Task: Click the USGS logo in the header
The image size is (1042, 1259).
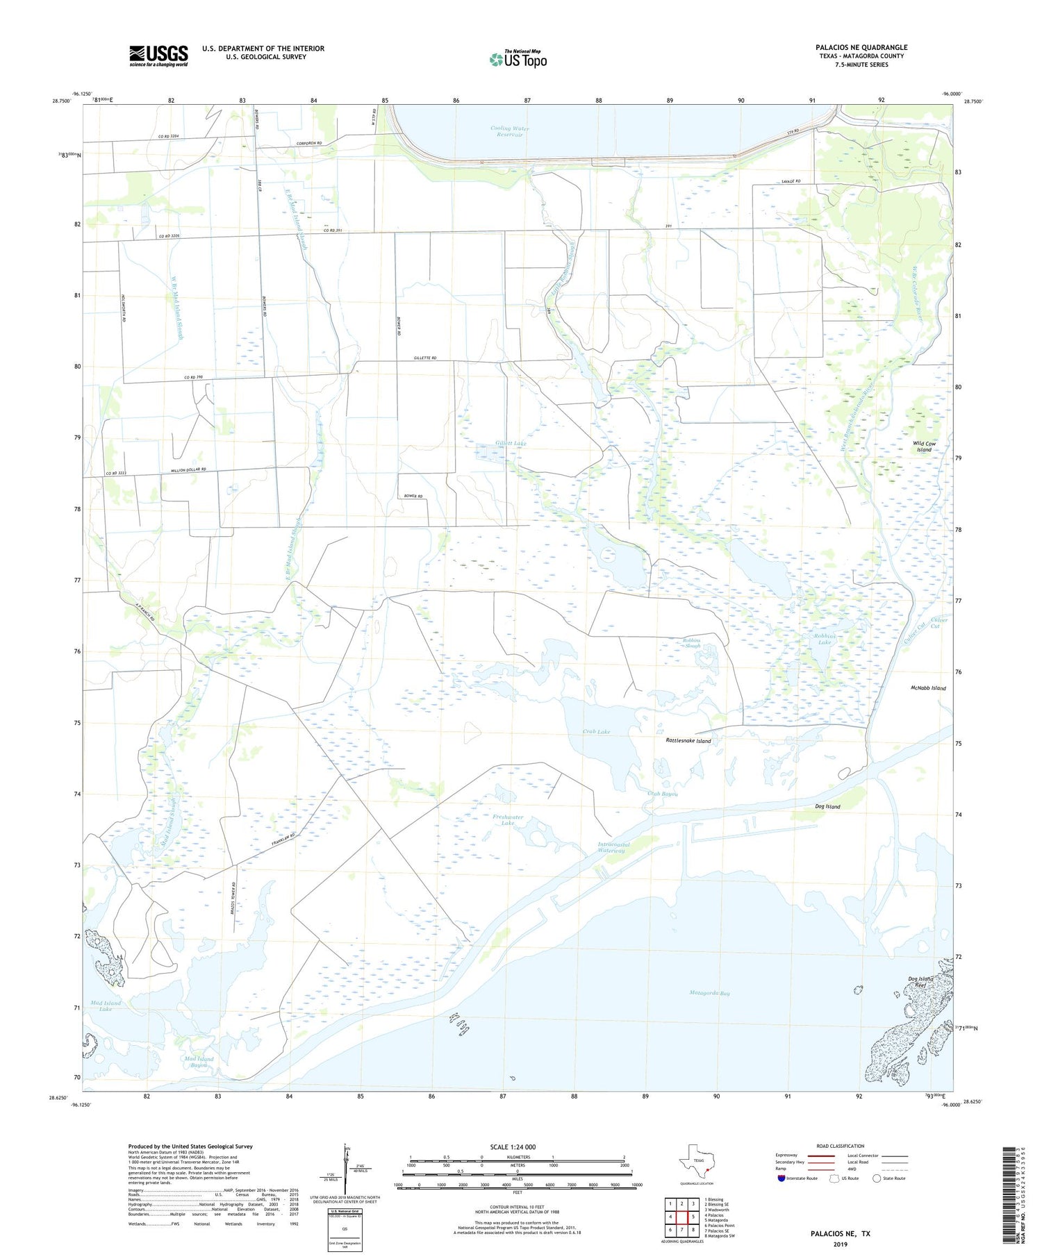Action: pos(158,56)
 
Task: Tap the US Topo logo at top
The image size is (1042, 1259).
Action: pos(518,59)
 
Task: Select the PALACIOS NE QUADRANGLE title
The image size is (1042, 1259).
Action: pos(861,47)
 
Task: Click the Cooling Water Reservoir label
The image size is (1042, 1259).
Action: pos(509,131)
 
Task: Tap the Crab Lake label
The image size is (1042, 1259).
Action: pos(596,732)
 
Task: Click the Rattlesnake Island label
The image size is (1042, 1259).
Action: pos(684,741)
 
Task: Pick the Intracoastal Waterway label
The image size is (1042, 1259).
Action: pos(613,848)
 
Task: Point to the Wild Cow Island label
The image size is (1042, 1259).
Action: pos(924,446)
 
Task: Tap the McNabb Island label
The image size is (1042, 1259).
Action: pos(927,688)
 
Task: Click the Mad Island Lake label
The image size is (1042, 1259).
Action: pos(106,1006)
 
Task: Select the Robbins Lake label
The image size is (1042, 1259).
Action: pos(824,639)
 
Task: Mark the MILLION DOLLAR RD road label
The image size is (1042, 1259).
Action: pos(189,471)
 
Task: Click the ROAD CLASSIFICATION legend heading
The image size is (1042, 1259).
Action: pos(840,1146)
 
